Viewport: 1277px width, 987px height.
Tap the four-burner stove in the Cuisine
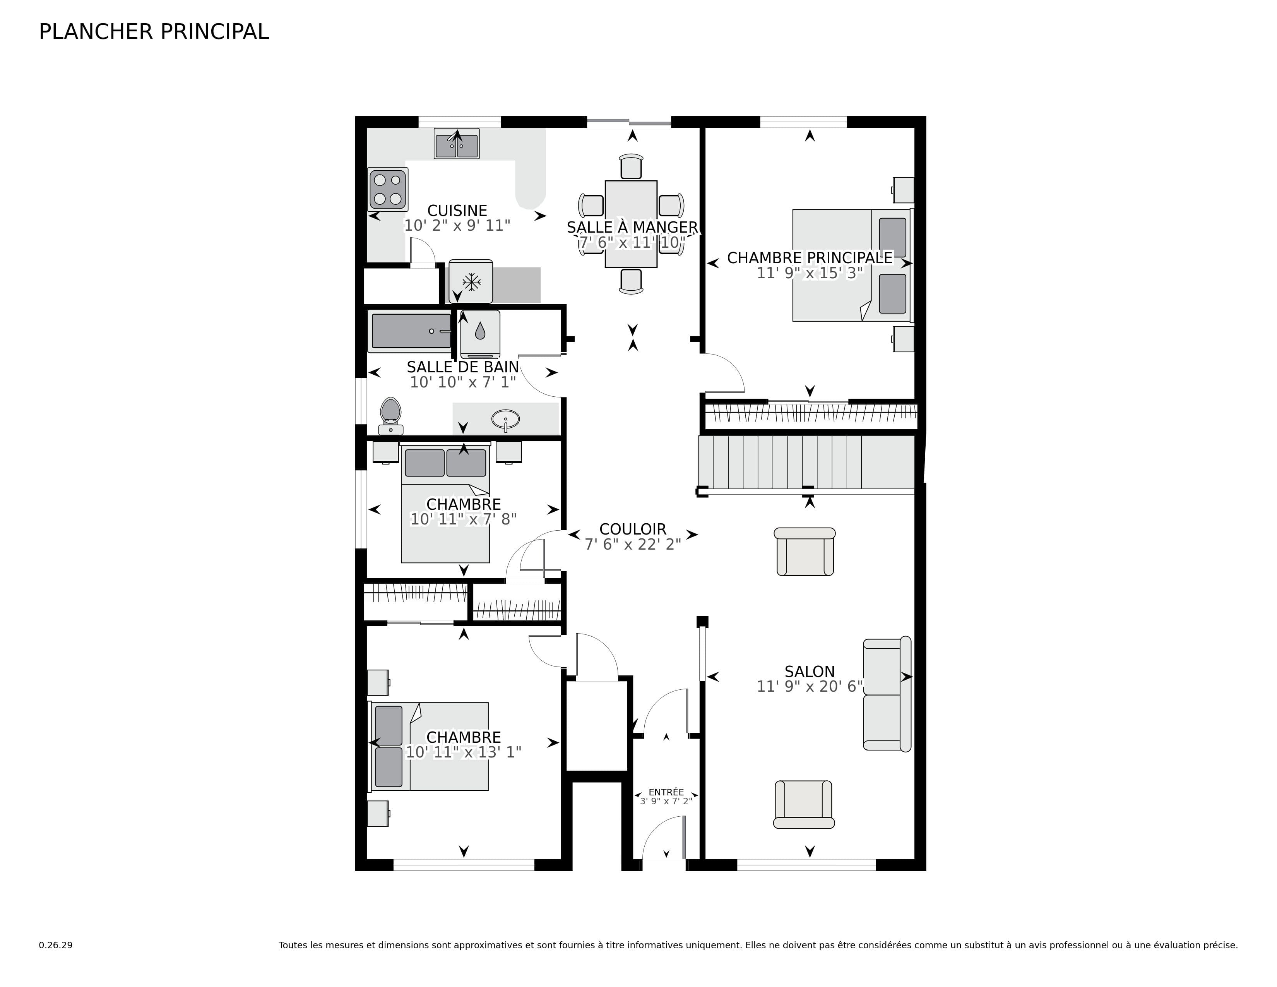click(x=388, y=189)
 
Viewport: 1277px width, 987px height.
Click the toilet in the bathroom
click(x=390, y=414)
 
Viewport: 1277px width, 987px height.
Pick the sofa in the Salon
click(x=887, y=694)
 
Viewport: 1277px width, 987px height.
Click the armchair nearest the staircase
click(x=805, y=552)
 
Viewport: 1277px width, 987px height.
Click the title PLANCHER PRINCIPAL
click(x=154, y=32)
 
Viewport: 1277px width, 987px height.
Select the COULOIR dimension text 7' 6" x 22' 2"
click(x=633, y=544)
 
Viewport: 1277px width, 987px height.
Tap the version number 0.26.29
click(x=56, y=945)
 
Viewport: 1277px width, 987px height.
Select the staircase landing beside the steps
click(x=888, y=462)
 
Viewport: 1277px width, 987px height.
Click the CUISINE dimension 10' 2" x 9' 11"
click(x=457, y=226)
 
